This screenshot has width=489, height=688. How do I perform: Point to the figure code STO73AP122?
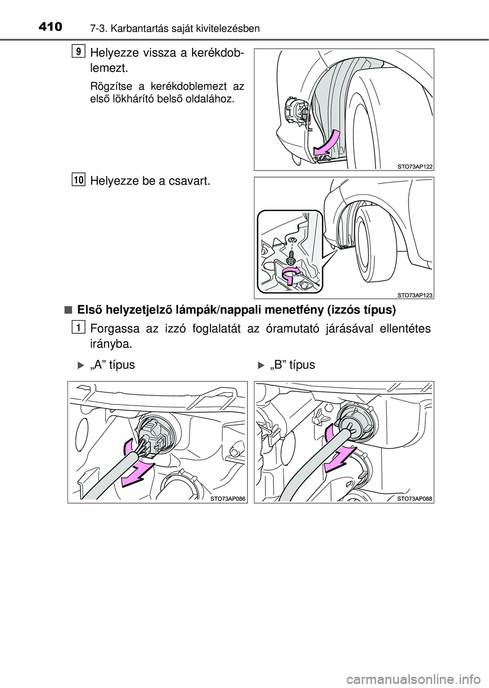pyautogui.click(x=415, y=167)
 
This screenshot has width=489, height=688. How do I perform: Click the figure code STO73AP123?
pyautogui.click(x=415, y=296)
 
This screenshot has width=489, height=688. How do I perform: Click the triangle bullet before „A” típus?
pyautogui.click(x=81, y=365)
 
